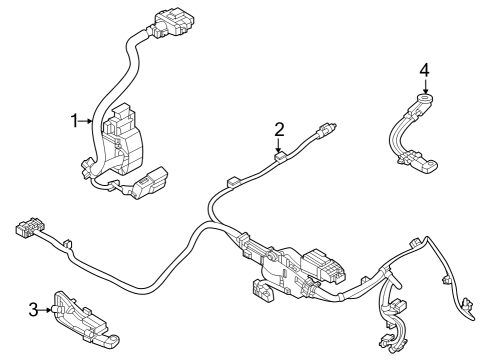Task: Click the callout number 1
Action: pyautogui.click(x=74, y=121)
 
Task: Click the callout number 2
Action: pyautogui.click(x=280, y=128)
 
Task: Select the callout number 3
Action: pyautogui.click(x=33, y=311)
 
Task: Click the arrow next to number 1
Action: pyautogui.click(x=88, y=121)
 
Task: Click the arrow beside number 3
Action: pyautogui.click(x=47, y=311)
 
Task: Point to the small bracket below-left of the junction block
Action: pyautogui.click(x=262, y=292)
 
